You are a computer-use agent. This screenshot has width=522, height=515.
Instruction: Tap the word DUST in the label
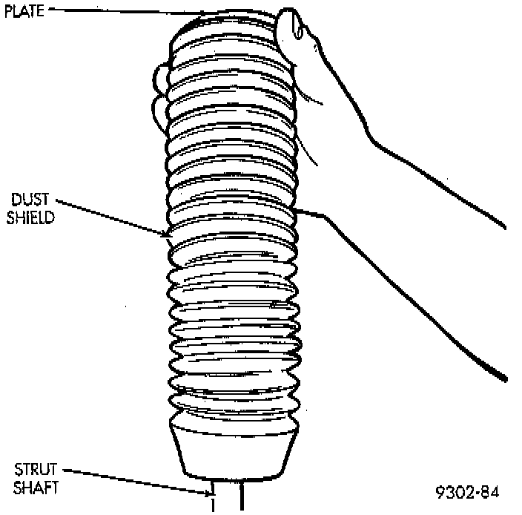pos(29,200)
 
